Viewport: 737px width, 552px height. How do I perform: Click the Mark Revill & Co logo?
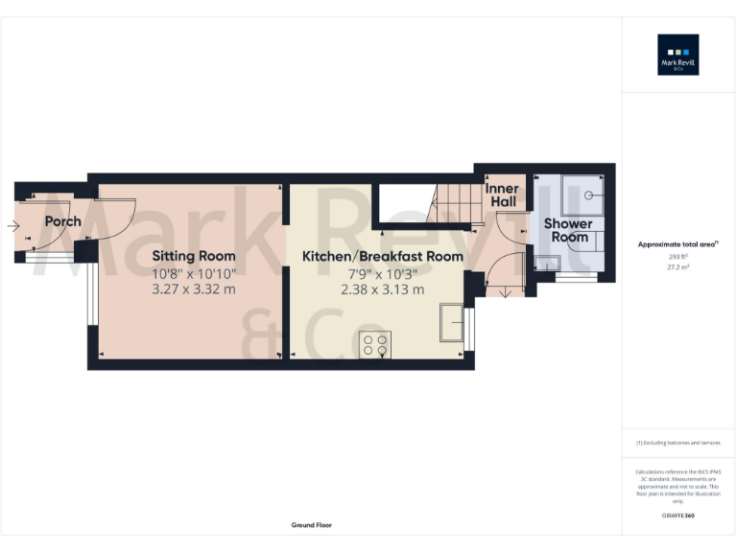[678, 55]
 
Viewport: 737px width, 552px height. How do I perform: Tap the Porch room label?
[62, 221]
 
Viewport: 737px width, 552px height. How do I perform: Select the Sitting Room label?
[194, 256]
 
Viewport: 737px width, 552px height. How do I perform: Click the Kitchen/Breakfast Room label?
[383, 256]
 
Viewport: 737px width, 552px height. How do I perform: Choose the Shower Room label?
[568, 230]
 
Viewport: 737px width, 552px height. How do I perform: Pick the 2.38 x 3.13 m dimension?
[383, 289]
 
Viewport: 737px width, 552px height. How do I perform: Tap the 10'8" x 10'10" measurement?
[194, 272]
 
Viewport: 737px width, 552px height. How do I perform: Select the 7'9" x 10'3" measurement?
[383, 273]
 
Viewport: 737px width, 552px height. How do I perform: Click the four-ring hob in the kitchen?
[374, 344]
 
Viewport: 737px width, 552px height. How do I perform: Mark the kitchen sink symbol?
[451, 322]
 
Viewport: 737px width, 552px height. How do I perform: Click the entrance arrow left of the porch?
[12, 226]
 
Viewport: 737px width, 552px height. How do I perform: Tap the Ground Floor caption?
[311, 525]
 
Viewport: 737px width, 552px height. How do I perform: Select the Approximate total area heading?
[678, 245]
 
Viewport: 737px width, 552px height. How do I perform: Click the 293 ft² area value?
[678, 257]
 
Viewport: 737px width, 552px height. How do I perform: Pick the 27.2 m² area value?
[678, 267]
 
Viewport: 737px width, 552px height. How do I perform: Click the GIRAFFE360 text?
[678, 516]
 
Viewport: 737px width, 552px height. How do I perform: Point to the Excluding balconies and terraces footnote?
[678, 443]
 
